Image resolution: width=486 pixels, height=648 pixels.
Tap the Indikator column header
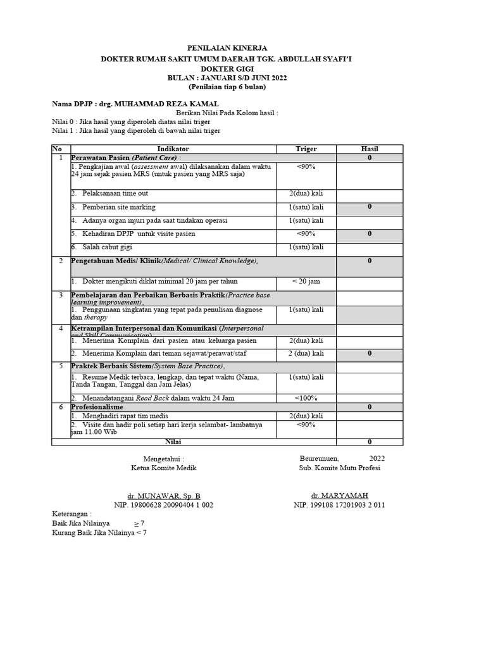click(x=173, y=149)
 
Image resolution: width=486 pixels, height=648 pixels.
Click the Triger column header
click(x=306, y=149)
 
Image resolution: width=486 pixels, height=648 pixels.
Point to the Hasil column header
click(x=369, y=149)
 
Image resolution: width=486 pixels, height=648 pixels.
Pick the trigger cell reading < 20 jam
click(x=306, y=281)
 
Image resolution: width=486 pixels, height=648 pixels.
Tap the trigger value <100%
click(x=306, y=398)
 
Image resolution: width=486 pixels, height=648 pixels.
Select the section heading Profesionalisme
click(x=97, y=407)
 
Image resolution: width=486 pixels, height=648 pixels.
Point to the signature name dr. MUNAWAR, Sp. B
click(x=163, y=496)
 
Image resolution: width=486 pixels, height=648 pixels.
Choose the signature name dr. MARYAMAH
click(x=339, y=495)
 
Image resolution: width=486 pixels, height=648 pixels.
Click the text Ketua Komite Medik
click(x=163, y=468)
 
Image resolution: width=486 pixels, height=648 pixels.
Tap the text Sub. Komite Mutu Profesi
click(x=340, y=468)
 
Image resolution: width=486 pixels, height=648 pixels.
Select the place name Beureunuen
click(x=318, y=458)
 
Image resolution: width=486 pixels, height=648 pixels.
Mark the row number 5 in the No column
click(x=61, y=366)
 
